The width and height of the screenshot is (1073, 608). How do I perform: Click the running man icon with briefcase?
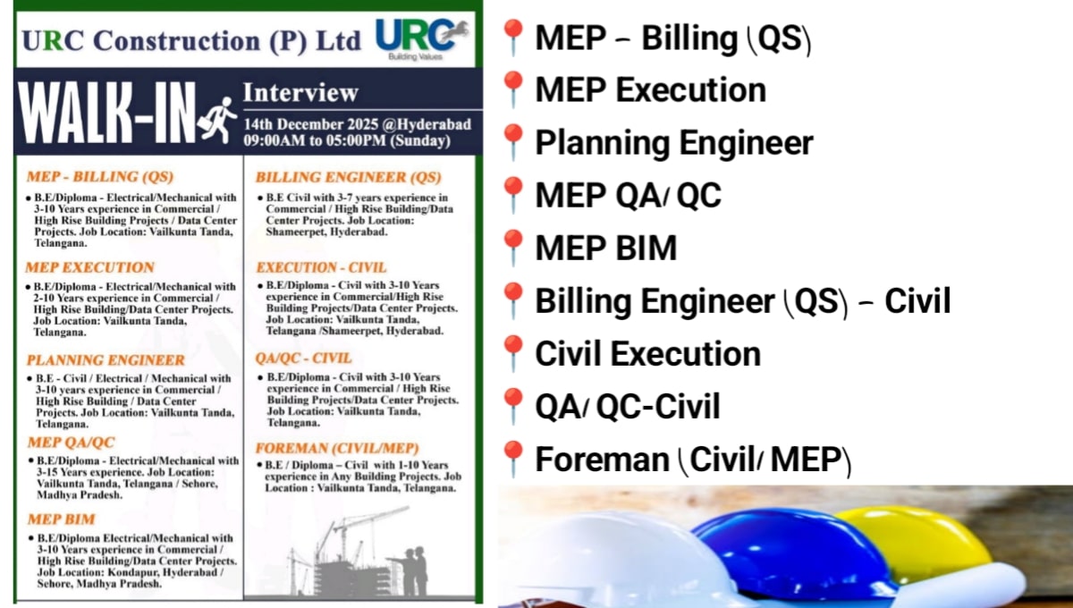click(219, 119)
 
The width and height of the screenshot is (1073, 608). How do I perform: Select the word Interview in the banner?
click(300, 92)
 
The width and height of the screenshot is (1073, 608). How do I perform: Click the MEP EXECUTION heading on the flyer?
click(89, 267)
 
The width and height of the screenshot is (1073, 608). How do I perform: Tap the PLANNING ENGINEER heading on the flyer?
click(106, 360)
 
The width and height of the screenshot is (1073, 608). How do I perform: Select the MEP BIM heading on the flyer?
click(61, 519)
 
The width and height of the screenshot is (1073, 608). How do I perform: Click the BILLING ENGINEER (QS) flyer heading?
click(349, 177)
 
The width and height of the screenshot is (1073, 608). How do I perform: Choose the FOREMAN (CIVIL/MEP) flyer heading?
click(337, 448)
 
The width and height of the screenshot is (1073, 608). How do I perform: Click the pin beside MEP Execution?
click(513, 91)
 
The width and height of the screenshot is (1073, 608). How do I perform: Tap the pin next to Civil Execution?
click(513, 354)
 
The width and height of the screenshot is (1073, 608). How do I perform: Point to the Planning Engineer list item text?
click(674, 143)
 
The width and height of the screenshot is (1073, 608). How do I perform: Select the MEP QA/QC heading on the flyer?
click(71, 443)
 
